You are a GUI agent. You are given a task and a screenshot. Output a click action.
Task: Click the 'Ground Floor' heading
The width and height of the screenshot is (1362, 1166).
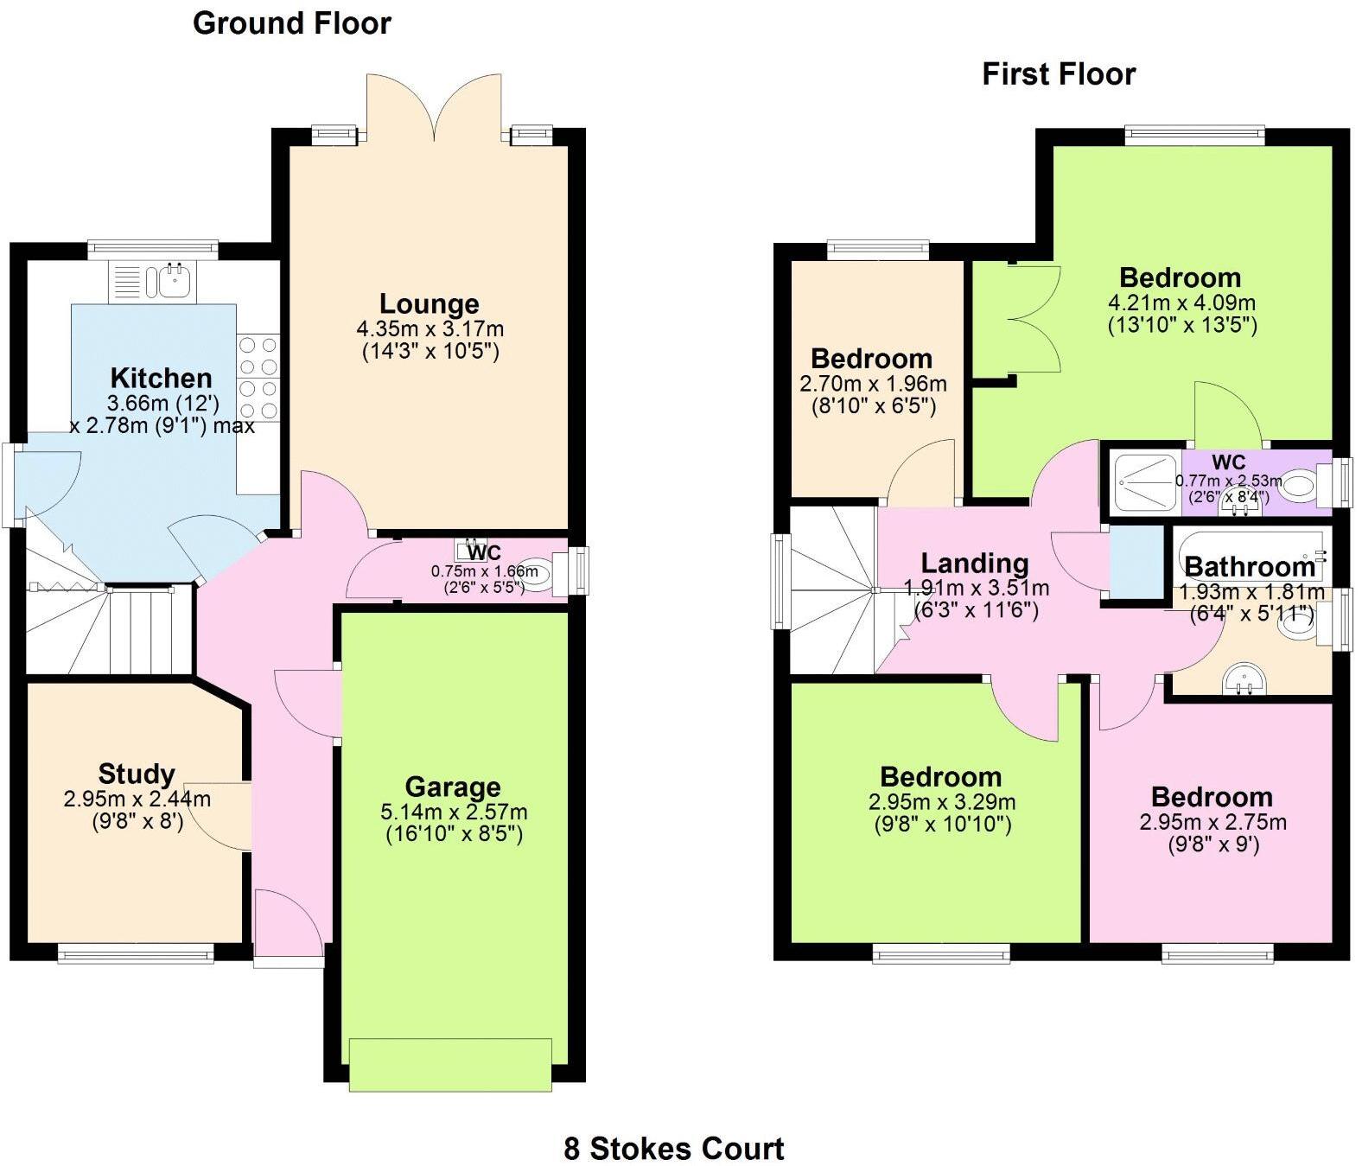pyautogui.click(x=291, y=23)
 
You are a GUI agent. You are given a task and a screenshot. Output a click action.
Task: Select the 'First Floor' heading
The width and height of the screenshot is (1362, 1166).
pyautogui.click(x=1058, y=74)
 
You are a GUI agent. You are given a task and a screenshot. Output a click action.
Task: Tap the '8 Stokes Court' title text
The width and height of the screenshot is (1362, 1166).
pyautogui.click(x=673, y=1149)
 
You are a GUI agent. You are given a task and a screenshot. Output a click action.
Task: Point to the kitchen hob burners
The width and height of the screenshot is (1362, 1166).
pyautogui.click(x=258, y=378)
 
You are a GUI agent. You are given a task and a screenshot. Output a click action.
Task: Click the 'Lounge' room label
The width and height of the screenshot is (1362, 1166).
pyautogui.click(x=430, y=304)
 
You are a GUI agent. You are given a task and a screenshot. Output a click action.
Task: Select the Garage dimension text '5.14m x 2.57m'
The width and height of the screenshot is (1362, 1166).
pyautogui.click(x=454, y=812)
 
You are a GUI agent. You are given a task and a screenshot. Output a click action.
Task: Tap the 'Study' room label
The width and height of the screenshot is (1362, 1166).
pyautogui.click(x=137, y=774)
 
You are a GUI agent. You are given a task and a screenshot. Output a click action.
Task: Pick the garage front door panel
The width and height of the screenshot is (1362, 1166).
pyautogui.click(x=450, y=1064)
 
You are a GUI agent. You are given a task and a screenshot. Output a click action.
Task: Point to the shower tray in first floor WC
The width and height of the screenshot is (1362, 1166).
pyautogui.click(x=1146, y=485)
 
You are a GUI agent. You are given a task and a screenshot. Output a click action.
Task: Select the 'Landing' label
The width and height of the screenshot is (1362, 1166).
pyautogui.click(x=974, y=564)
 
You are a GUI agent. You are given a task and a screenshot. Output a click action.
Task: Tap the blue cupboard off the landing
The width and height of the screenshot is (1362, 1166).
pyautogui.click(x=1136, y=562)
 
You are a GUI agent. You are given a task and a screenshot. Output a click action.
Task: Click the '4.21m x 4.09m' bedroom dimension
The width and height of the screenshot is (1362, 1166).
pyautogui.click(x=1181, y=303)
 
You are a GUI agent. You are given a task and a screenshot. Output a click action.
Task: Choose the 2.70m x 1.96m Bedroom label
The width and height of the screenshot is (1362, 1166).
pyautogui.click(x=871, y=359)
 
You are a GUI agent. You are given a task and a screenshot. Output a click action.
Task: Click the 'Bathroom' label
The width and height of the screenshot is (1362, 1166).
pyautogui.click(x=1249, y=567)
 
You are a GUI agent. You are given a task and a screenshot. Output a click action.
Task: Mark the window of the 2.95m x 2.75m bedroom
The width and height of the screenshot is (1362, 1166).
pyautogui.click(x=1217, y=953)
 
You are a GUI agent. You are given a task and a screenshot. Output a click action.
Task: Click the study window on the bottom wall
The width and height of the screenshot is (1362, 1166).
pyautogui.click(x=136, y=953)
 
